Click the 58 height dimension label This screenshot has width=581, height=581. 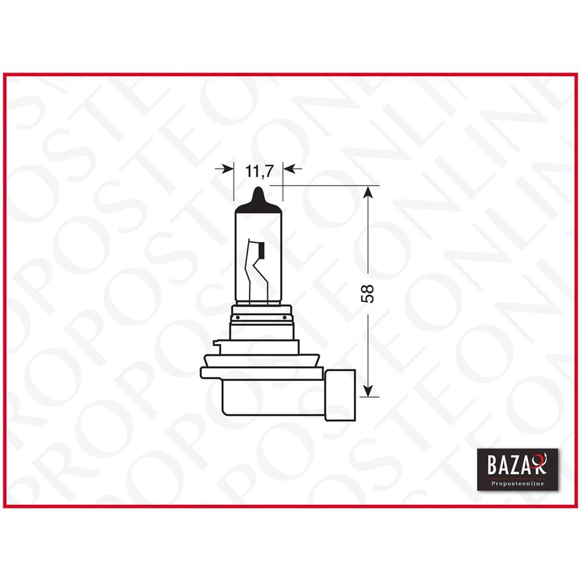pos(368,292)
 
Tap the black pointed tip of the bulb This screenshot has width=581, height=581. pos(258,196)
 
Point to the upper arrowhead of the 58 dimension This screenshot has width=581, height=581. pos(367,192)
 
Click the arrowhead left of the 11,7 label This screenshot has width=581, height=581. pos(226,168)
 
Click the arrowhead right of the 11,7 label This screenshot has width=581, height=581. pos(290,168)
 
